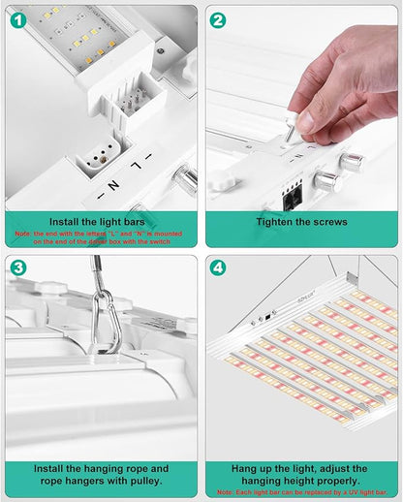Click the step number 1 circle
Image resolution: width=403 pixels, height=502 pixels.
tap(17, 18)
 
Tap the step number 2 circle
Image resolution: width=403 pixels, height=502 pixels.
tap(218, 19)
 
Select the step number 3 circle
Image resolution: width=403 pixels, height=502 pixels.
tap(17, 267)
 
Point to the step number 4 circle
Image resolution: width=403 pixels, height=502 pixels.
tap(218, 267)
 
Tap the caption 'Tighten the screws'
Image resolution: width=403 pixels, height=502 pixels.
tap(300, 222)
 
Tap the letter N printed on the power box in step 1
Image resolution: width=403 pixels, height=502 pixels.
tap(113, 182)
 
